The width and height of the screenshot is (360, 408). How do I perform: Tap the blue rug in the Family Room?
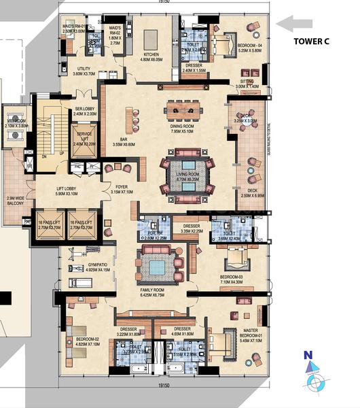(x=157, y=267)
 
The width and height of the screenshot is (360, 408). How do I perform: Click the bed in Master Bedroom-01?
(x=221, y=340)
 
